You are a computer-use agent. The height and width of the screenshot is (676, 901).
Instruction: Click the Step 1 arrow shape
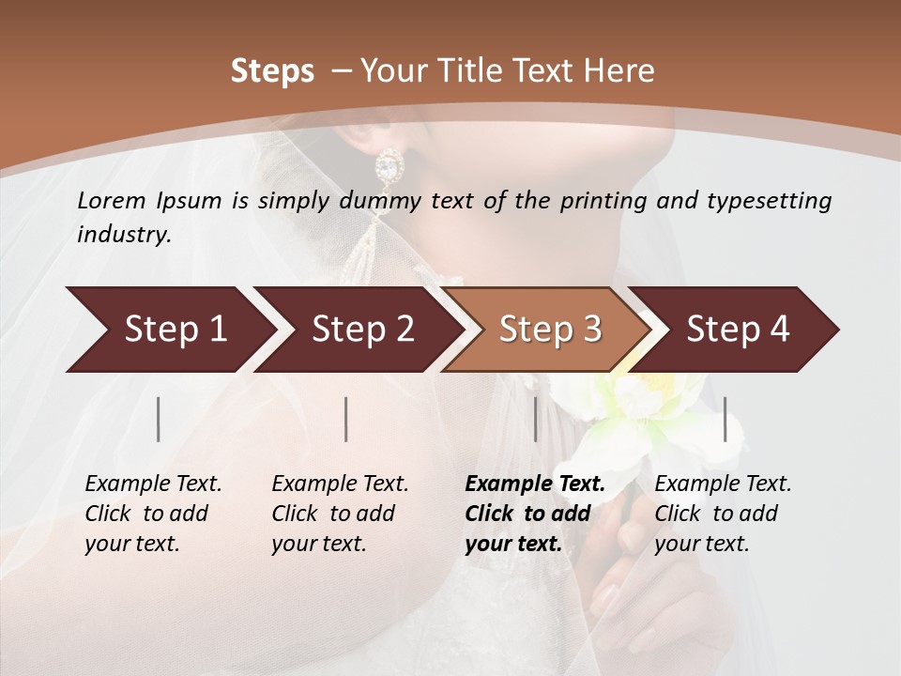(x=169, y=330)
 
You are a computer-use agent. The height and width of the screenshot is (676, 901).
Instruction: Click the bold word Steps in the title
(x=272, y=71)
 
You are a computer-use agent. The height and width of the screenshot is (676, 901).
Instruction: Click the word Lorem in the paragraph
(x=112, y=200)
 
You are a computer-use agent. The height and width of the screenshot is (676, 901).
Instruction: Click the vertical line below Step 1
(x=159, y=419)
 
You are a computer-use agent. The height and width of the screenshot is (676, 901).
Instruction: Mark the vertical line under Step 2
(x=346, y=419)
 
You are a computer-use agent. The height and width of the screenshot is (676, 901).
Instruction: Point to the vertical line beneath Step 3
(x=535, y=419)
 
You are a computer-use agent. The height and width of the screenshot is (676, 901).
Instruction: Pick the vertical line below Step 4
(x=725, y=419)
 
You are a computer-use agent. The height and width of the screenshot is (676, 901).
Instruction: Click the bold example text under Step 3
(x=533, y=514)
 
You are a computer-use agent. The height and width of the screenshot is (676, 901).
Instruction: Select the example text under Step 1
(x=152, y=514)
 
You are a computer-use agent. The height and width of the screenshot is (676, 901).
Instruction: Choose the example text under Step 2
(x=339, y=514)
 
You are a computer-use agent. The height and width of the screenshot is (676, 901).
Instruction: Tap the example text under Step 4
(x=722, y=514)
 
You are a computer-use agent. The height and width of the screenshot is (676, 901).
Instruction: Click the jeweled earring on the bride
(x=387, y=168)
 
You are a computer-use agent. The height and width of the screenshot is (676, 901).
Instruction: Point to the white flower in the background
(x=648, y=413)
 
